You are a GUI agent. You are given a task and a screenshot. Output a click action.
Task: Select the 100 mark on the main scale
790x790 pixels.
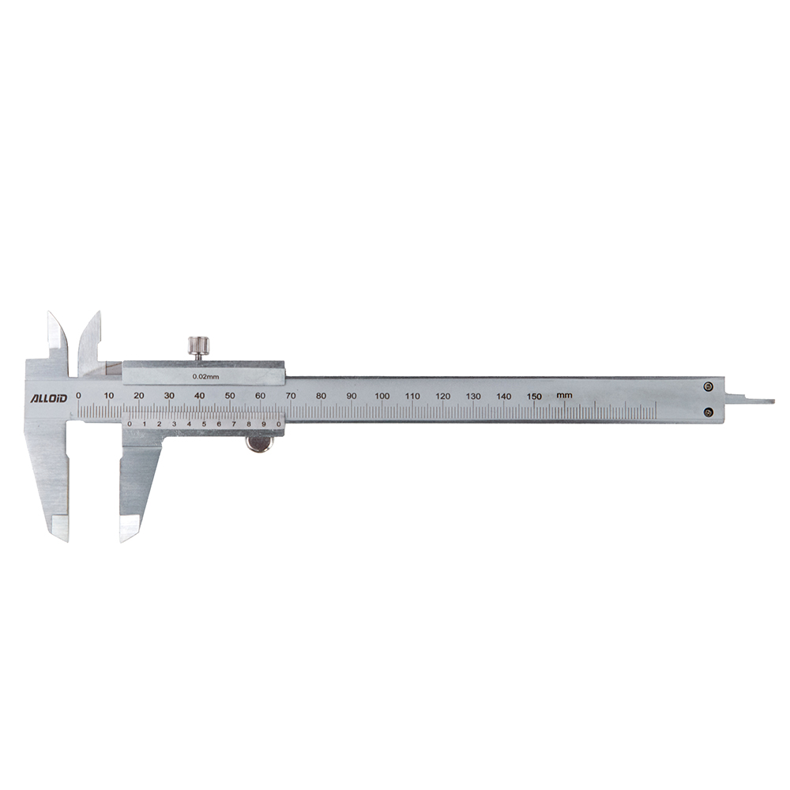tap(382, 396)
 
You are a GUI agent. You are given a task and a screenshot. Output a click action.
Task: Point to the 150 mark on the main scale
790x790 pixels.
tap(534, 396)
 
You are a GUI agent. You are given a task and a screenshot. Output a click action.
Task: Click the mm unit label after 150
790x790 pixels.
tap(564, 396)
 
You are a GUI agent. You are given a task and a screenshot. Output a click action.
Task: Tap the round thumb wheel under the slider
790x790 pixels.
tap(258, 444)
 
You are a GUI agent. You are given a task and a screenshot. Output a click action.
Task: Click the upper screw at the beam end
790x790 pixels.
tap(708, 387)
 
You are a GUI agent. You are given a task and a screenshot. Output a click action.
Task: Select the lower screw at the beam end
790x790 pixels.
tap(708, 412)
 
